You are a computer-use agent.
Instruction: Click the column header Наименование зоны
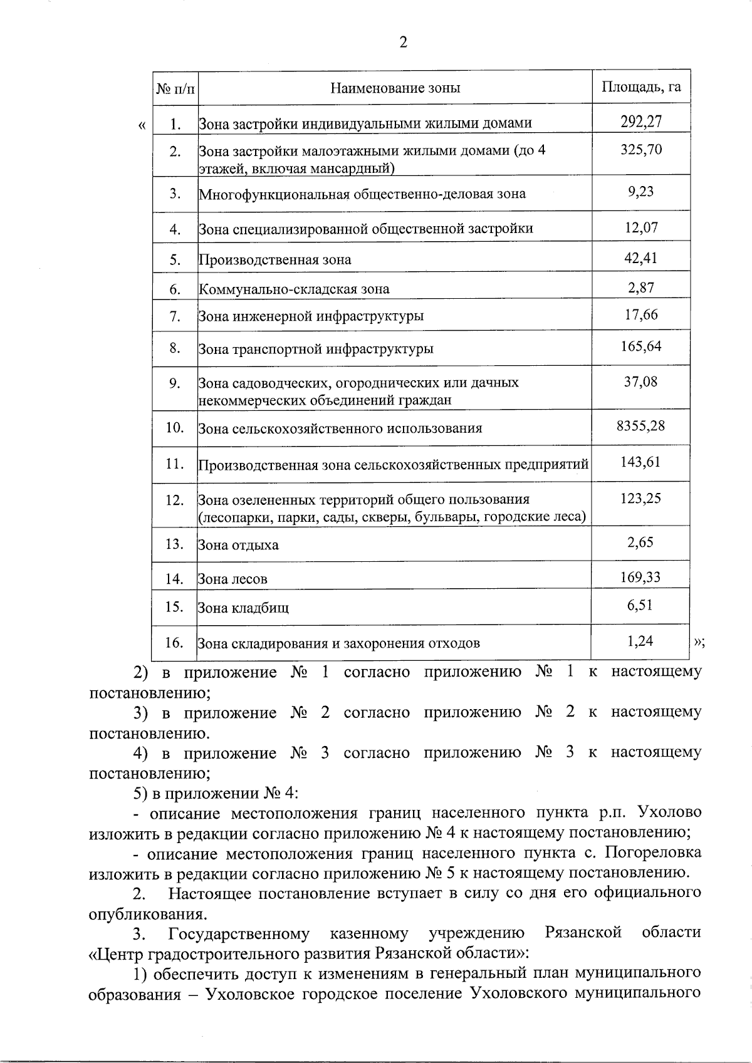[x=395, y=88]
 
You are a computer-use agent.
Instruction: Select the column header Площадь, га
[x=640, y=86]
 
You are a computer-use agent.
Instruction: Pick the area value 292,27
[x=641, y=121]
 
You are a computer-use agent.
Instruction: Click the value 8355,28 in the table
[x=640, y=427]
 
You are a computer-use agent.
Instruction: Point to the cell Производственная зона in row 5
[x=275, y=260]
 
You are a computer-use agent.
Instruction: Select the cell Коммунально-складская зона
[x=294, y=289]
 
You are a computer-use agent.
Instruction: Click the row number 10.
[x=175, y=428]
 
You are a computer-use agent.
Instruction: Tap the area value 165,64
[x=641, y=346]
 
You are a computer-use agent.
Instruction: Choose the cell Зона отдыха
[x=238, y=545]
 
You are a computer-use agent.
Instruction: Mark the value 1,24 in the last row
[x=640, y=641]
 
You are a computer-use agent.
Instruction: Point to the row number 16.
[x=175, y=643]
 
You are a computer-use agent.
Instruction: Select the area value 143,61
[x=640, y=462]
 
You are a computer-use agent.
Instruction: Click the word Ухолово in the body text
[x=669, y=812]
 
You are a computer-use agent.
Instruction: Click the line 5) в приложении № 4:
[x=216, y=793]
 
